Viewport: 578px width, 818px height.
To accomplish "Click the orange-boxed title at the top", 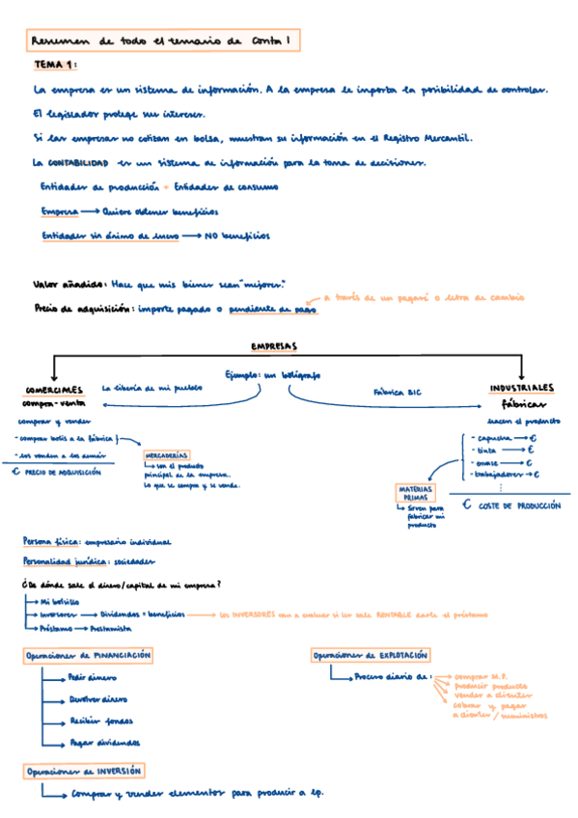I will [162, 41].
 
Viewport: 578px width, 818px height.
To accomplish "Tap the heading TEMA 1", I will [56, 65].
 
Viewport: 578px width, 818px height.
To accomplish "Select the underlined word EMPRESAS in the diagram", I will [274, 345].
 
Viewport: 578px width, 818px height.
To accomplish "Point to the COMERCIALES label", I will [55, 389].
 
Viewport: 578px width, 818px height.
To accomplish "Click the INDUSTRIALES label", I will [522, 387].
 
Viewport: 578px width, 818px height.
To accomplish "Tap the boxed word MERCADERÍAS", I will [167, 454].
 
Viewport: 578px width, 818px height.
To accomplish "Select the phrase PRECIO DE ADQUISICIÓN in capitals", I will [63, 473].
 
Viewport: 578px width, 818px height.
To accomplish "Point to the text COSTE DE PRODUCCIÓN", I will [518, 504].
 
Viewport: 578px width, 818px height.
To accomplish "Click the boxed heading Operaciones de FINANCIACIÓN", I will [89, 655].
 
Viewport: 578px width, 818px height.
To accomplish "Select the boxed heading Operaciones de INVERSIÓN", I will [85, 771].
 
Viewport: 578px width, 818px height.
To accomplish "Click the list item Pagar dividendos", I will [104, 743].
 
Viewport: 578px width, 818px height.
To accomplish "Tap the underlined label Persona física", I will [50, 541].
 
